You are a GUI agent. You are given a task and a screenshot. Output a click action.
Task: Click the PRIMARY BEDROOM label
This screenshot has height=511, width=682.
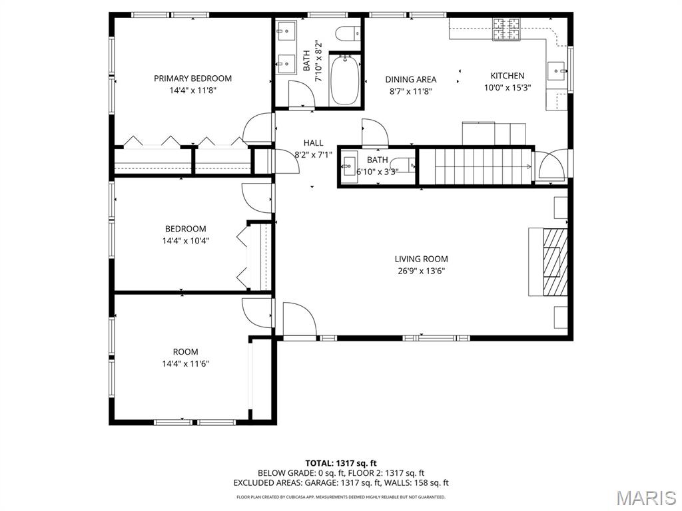[x=192, y=79]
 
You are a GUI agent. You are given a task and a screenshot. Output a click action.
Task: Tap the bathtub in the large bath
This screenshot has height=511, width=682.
[x=344, y=80]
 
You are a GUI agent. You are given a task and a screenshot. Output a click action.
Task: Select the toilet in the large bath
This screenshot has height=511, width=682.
[x=348, y=33]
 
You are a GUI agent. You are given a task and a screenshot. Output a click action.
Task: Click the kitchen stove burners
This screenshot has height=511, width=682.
[x=507, y=30]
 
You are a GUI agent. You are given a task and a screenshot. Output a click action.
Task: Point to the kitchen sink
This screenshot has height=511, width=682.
[x=557, y=71]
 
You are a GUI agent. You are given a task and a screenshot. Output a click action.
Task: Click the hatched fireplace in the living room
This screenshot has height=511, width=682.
[x=555, y=262]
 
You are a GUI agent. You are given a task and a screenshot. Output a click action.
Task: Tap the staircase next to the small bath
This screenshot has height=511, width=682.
[x=475, y=166]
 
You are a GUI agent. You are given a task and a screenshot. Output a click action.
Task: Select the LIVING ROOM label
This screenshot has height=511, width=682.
[x=421, y=259]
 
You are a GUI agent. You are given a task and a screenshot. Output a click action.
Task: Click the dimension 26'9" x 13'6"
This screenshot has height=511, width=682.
[x=421, y=271]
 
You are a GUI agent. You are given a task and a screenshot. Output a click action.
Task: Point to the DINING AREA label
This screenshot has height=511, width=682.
[x=410, y=80]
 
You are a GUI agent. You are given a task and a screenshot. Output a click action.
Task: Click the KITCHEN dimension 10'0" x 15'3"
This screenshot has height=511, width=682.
[x=508, y=88]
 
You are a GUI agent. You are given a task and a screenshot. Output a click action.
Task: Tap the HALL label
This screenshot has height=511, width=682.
[x=313, y=142]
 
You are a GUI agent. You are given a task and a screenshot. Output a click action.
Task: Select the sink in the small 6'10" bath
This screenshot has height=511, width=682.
[x=349, y=166]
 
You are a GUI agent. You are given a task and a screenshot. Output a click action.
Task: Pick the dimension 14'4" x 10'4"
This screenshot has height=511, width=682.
[x=186, y=241]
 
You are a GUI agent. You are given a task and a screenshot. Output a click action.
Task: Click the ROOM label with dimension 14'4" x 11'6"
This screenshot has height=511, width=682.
[x=186, y=352]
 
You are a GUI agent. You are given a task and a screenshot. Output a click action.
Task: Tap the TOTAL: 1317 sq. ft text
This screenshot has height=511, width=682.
[x=340, y=463]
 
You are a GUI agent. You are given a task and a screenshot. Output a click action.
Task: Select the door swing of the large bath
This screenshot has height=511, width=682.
[x=300, y=94]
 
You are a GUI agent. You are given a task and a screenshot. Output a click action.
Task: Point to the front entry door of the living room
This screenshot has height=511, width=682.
[x=300, y=319]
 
